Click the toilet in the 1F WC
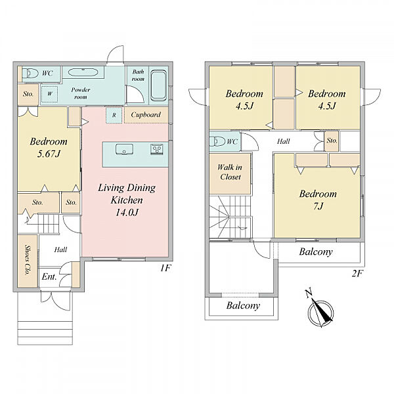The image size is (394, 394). [30, 74]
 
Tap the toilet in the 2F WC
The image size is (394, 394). [217, 141]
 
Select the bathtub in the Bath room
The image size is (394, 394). [158, 85]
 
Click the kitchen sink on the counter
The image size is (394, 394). [124, 149]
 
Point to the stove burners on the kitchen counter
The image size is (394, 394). [156, 149]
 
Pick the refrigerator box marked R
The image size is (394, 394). [114, 116]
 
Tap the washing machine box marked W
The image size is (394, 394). [50, 94]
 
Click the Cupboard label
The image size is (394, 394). [146, 115]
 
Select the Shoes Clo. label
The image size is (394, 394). [28, 260]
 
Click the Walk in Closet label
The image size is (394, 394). [230, 172]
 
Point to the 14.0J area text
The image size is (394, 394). [127, 213]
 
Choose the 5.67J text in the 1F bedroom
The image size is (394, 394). [49, 154]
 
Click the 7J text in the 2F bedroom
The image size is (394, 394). [318, 206]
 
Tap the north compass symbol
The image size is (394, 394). [321, 311]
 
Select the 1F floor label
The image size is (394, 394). [165, 268]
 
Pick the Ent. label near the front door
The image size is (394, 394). [49, 276]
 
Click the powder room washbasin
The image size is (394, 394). [83, 72]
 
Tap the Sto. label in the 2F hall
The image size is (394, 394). [332, 141]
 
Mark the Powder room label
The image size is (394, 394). [80, 93]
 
